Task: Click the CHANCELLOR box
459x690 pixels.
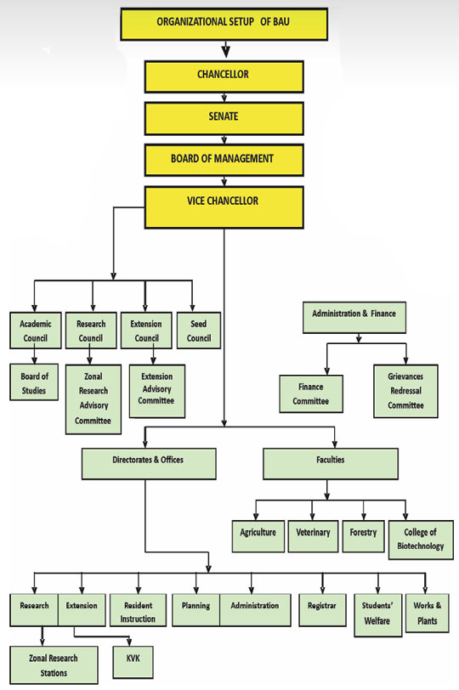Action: pos(224,76)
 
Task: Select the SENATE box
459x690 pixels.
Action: pos(224,118)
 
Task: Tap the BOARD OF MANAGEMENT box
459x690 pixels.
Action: pos(224,160)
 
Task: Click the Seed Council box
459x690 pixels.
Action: pos(199,331)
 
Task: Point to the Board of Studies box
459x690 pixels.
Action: pos(34,382)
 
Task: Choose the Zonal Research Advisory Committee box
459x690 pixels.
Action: pos(93,399)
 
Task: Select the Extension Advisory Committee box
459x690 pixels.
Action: pos(157,391)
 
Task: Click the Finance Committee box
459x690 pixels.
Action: pos(311,393)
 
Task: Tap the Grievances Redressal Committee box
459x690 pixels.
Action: pos(405,391)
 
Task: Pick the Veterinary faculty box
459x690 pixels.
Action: pos(314,536)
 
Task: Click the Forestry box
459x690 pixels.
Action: pos(364,536)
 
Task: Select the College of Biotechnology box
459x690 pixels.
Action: pos(421,540)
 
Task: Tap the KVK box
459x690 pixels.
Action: pos(133,662)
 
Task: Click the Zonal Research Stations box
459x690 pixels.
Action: pos(54,665)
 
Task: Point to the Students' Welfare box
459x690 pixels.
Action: pos(378,614)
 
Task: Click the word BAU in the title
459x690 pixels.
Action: pos(280,21)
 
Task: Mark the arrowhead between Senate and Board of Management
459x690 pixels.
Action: pos(224,140)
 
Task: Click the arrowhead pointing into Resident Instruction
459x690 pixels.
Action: pos(139,590)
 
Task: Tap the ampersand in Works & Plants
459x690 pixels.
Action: pos(439,606)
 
